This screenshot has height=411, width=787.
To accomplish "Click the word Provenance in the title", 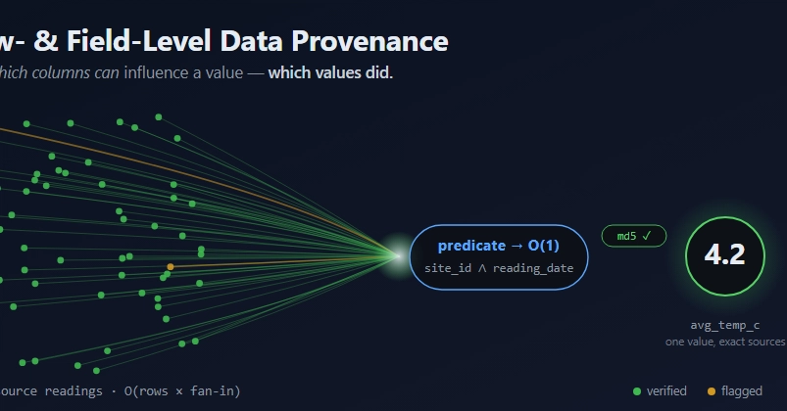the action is (x=369, y=41).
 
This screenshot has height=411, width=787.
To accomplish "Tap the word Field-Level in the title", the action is (x=138, y=41).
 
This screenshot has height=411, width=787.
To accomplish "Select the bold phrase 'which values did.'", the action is (x=330, y=72).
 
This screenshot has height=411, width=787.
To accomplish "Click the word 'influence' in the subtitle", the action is (x=156, y=72).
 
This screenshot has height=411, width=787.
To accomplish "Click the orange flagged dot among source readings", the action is (x=171, y=266).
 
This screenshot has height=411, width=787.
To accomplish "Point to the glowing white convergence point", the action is (x=398, y=256).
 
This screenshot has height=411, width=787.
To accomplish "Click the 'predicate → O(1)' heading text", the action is (x=499, y=246).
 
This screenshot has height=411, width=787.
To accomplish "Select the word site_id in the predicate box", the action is (x=448, y=268).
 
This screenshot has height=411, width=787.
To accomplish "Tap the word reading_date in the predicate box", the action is (x=533, y=268).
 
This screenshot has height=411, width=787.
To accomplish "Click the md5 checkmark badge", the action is (x=634, y=236).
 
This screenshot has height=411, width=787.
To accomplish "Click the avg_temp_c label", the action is (x=724, y=325).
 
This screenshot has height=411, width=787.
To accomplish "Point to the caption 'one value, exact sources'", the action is (x=725, y=342).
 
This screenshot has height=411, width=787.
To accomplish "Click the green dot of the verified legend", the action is (x=637, y=391).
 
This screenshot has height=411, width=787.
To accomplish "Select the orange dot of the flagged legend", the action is (x=712, y=391).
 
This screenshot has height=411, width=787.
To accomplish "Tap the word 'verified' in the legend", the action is (x=666, y=391).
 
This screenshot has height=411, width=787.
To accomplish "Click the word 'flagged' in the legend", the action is (x=742, y=391).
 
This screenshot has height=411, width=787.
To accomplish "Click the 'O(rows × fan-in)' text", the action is (x=182, y=391).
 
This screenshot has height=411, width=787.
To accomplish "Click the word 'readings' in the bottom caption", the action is (x=74, y=391).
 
